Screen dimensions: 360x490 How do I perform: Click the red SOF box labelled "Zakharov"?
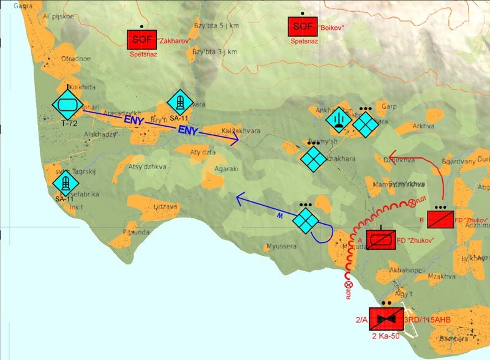pos(141,40)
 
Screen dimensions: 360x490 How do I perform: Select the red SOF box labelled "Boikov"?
pos(303,26)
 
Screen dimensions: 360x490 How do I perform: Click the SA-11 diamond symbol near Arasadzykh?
pos(180,102)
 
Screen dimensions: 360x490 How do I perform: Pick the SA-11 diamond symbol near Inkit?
pos(65,184)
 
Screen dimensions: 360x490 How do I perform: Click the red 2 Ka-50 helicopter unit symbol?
pos(386,320)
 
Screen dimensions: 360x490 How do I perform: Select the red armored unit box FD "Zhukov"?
pos(380,240)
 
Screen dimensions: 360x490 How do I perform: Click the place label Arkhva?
pos(423,127)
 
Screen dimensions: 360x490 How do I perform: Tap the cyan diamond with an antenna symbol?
pos(337,119)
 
